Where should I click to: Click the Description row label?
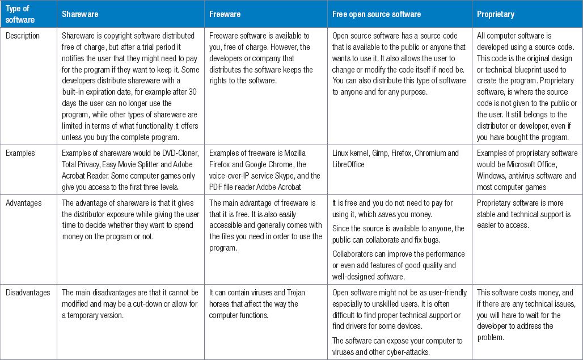tap(23, 36)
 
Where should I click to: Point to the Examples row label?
tap(21, 153)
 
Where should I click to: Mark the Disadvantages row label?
tap(28, 293)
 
